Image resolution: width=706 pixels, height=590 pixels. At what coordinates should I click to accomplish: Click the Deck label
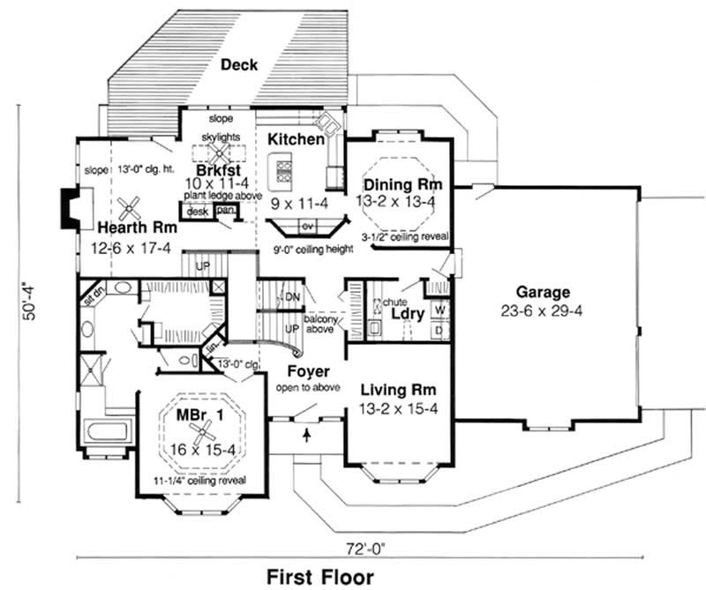[x=238, y=64]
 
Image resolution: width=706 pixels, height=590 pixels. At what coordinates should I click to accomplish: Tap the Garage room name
[x=544, y=294]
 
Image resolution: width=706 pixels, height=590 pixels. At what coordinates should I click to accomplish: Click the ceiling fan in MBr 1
[x=202, y=431]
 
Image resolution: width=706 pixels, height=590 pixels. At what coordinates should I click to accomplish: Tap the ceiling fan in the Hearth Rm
[x=130, y=209]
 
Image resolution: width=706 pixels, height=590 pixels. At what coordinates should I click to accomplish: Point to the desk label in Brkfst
[x=197, y=211]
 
